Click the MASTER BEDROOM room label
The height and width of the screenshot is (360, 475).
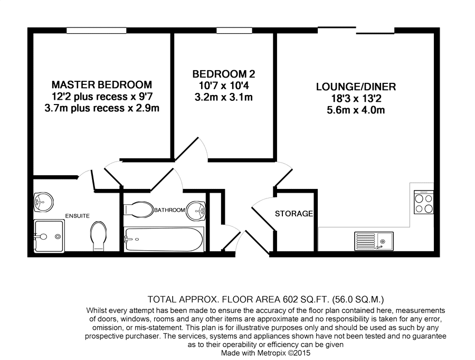click(102, 84)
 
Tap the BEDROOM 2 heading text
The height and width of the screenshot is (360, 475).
click(224, 74)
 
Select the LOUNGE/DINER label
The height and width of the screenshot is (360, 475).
click(356, 87)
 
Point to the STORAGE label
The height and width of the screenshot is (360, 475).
click(294, 214)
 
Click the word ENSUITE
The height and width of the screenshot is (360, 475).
click(78, 216)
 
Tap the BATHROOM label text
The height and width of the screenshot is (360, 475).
click(169, 210)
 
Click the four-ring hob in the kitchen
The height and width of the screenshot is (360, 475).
click(424, 202)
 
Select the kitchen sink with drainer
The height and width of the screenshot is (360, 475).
click(374, 241)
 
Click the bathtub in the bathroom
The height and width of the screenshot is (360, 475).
click(164, 240)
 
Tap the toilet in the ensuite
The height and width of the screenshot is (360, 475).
click(99, 236)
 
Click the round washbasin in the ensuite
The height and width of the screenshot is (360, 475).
click(43, 202)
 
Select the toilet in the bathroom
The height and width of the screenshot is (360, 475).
click(138, 210)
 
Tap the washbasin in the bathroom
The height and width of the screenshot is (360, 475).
click(196, 211)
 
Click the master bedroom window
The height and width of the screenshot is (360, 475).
click(97, 30)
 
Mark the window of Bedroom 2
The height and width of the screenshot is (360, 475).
click(234, 30)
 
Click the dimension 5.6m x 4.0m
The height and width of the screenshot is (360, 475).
click(356, 110)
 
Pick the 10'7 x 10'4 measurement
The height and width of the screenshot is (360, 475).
click(224, 86)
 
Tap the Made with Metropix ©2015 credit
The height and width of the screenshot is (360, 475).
click(265, 353)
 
